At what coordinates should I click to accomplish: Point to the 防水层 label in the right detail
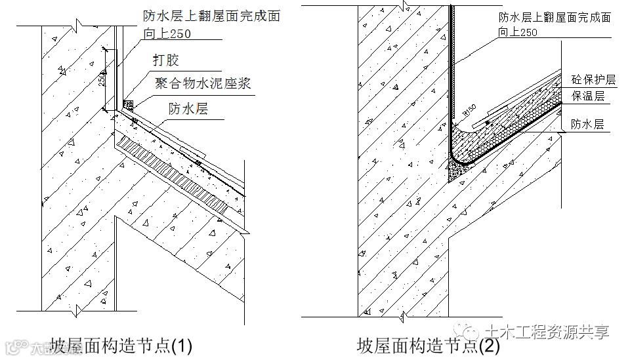pyautogui.click(x=587, y=124)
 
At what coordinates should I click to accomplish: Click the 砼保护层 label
pyautogui.click(x=593, y=80)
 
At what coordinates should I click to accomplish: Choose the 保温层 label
pyautogui.click(x=587, y=96)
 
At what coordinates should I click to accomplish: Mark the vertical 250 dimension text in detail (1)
pyautogui.click(x=102, y=79)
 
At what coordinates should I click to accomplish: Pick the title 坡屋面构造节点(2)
pyautogui.click(x=428, y=345)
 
